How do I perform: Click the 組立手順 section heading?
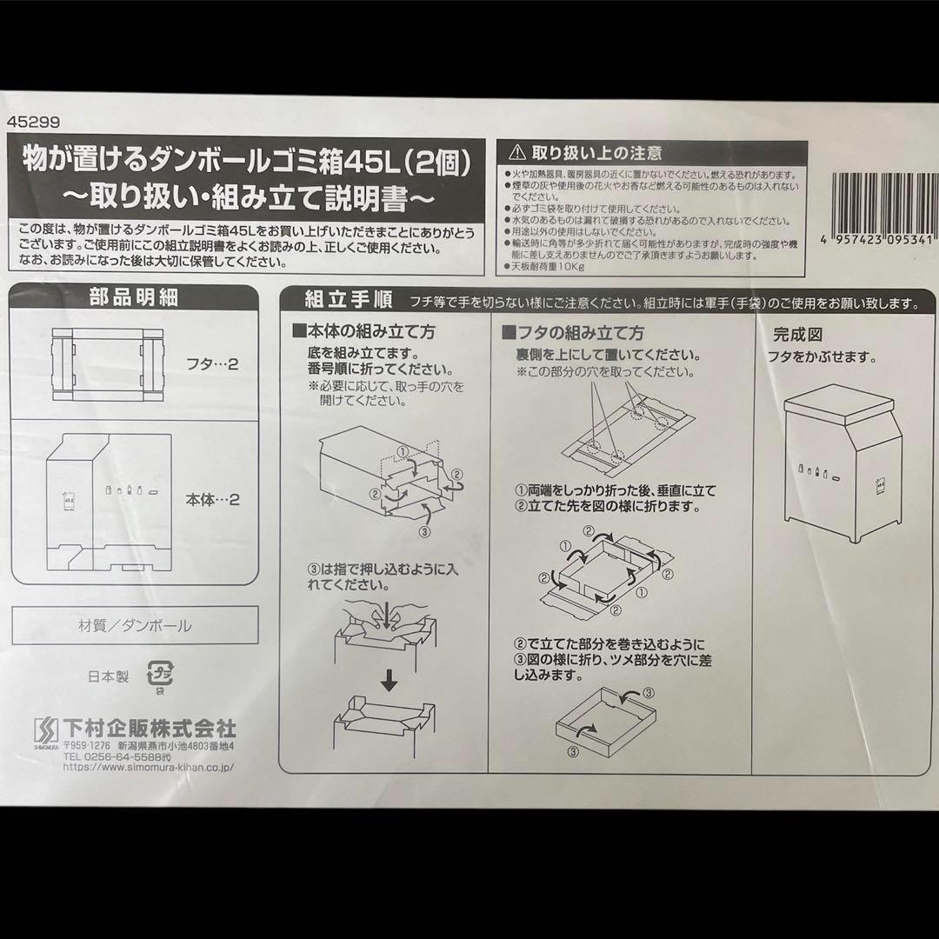[346, 301]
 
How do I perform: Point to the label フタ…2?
[214, 363]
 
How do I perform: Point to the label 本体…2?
[212, 501]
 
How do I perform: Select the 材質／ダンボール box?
[135, 625]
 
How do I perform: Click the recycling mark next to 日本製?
[160, 675]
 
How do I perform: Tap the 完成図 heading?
[797, 335]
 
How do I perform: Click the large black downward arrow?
[390, 679]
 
